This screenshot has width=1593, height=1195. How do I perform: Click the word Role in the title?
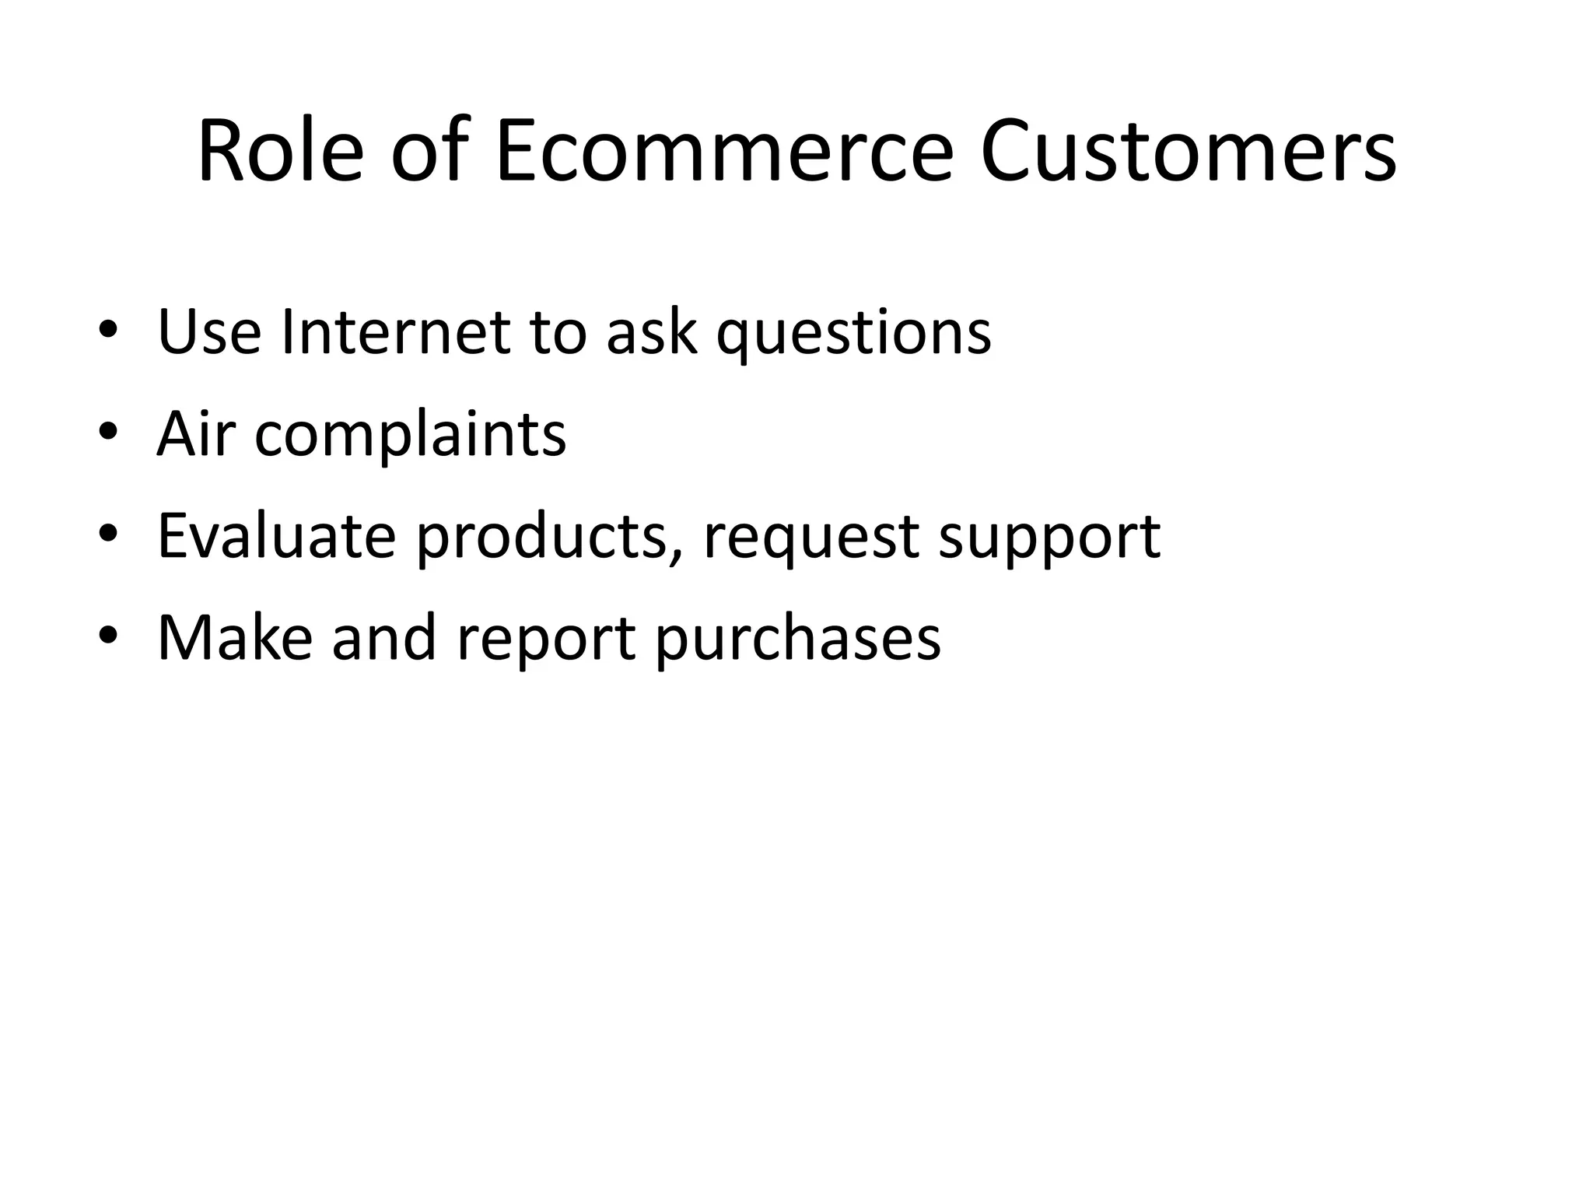pos(280,152)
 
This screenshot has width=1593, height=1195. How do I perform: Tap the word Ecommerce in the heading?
pos(723,152)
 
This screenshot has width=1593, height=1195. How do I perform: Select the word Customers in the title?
pos(1188,152)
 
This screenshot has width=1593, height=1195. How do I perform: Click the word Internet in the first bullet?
pos(395,332)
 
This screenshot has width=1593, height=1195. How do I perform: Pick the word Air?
pos(194,433)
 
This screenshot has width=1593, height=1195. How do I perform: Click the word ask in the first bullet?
pos(652,332)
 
